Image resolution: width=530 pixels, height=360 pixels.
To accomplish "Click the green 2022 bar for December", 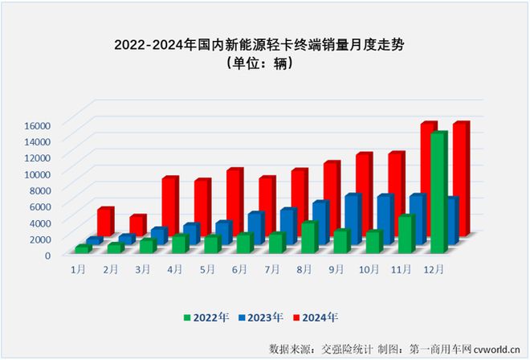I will (x=438, y=193).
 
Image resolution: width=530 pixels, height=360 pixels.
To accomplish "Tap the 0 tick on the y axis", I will (x=47, y=255).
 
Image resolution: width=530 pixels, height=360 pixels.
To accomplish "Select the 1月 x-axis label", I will (x=79, y=270).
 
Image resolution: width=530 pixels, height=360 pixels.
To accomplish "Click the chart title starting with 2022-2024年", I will (x=264, y=45).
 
